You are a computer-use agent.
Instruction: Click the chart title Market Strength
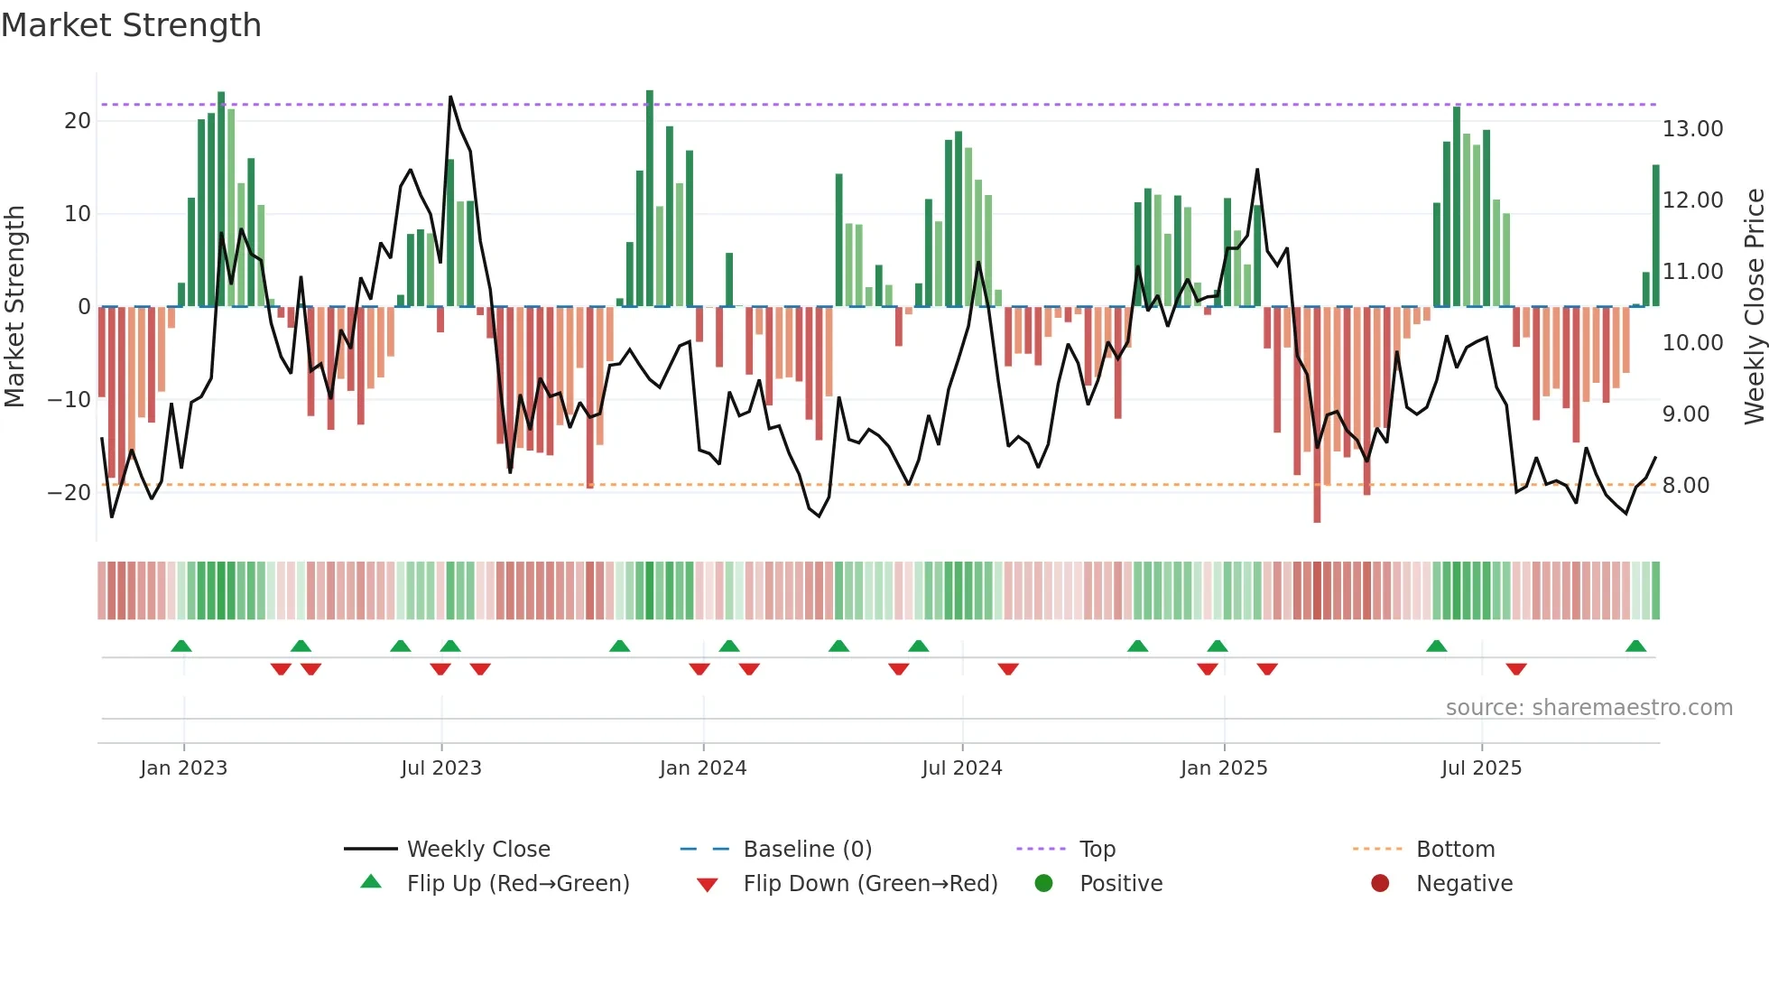(131, 25)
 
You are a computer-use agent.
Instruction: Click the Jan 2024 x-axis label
(703, 768)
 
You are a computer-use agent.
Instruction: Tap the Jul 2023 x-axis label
(441, 768)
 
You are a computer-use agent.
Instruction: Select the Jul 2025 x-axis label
(1481, 768)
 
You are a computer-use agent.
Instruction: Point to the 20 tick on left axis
(78, 121)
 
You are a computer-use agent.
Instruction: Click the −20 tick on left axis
(69, 493)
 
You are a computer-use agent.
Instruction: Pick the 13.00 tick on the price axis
(1692, 129)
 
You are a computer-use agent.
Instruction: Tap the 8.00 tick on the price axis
(1685, 486)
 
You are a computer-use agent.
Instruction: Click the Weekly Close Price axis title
(1754, 307)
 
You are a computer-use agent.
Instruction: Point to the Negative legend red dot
(1380, 883)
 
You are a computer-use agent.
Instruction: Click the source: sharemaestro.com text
(1588, 708)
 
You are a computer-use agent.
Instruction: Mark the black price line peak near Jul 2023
(450, 98)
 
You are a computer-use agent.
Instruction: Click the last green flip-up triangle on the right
(1635, 646)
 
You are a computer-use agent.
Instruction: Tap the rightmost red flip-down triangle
(1516, 669)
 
